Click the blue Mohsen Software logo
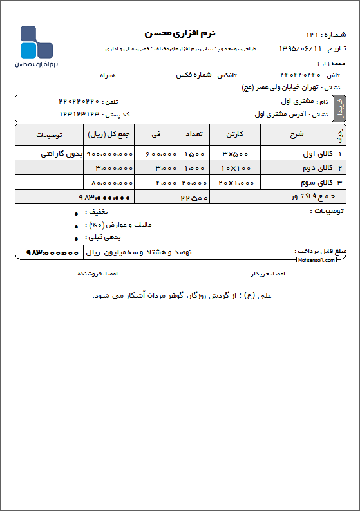(x=36, y=42)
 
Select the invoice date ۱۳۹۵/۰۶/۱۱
(x=300, y=49)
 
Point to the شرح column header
(x=297, y=135)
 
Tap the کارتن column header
(x=234, y=135)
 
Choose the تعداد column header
(x=194, y=135)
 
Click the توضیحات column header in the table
(x=49, y=135)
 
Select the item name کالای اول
(x=305, y=154)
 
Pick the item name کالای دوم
(x=305, y=168)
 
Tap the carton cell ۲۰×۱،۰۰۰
(x=234, y=183)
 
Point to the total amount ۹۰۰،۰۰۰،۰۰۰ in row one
(x=109, y=154)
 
